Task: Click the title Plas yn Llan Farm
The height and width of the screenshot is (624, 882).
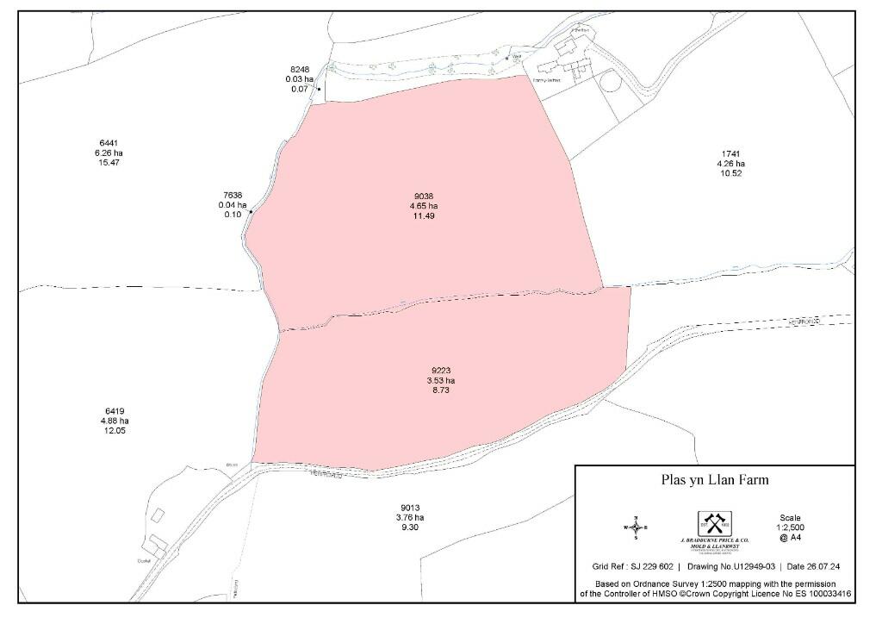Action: (x=714, y=481)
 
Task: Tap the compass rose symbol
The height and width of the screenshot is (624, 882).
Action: (x=635, y=527)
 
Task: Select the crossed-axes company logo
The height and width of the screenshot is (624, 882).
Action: (x=713, y=523)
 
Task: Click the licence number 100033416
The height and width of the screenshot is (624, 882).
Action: (x=823, y=594)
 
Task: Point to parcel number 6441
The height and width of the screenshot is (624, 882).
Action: (x=109, y=142)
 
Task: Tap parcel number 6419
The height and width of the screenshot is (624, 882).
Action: (x=115, y=411)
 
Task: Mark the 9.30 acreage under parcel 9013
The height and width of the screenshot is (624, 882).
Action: (x=410, y=527)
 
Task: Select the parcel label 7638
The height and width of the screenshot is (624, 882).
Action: (x=233, y=196)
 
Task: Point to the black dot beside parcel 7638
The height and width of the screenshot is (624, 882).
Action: (x=251, y=211)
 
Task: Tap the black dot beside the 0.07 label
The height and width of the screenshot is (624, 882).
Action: (x=319, y=89)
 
